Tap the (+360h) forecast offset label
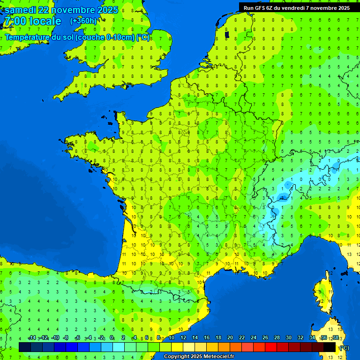(x=83, y=21)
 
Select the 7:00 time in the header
(x=14, y=21)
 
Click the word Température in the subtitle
(x=29, y=37)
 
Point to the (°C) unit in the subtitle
(x=143, y=37)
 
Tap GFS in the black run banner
(x=261, y=8)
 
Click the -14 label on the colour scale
(x=32, y=337)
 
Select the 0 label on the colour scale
(x=112, y=337)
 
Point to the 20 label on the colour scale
(x=230, y=337)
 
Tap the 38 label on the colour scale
(x=335, y=337)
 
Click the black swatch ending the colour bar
(x=330, y=347)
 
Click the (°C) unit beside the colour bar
(x=344, y=347)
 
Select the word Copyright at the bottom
(x=177, y=357)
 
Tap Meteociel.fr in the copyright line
(x=219, y=357)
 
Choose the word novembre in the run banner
(x=322, y=8)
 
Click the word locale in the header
(x=45, y=21)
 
